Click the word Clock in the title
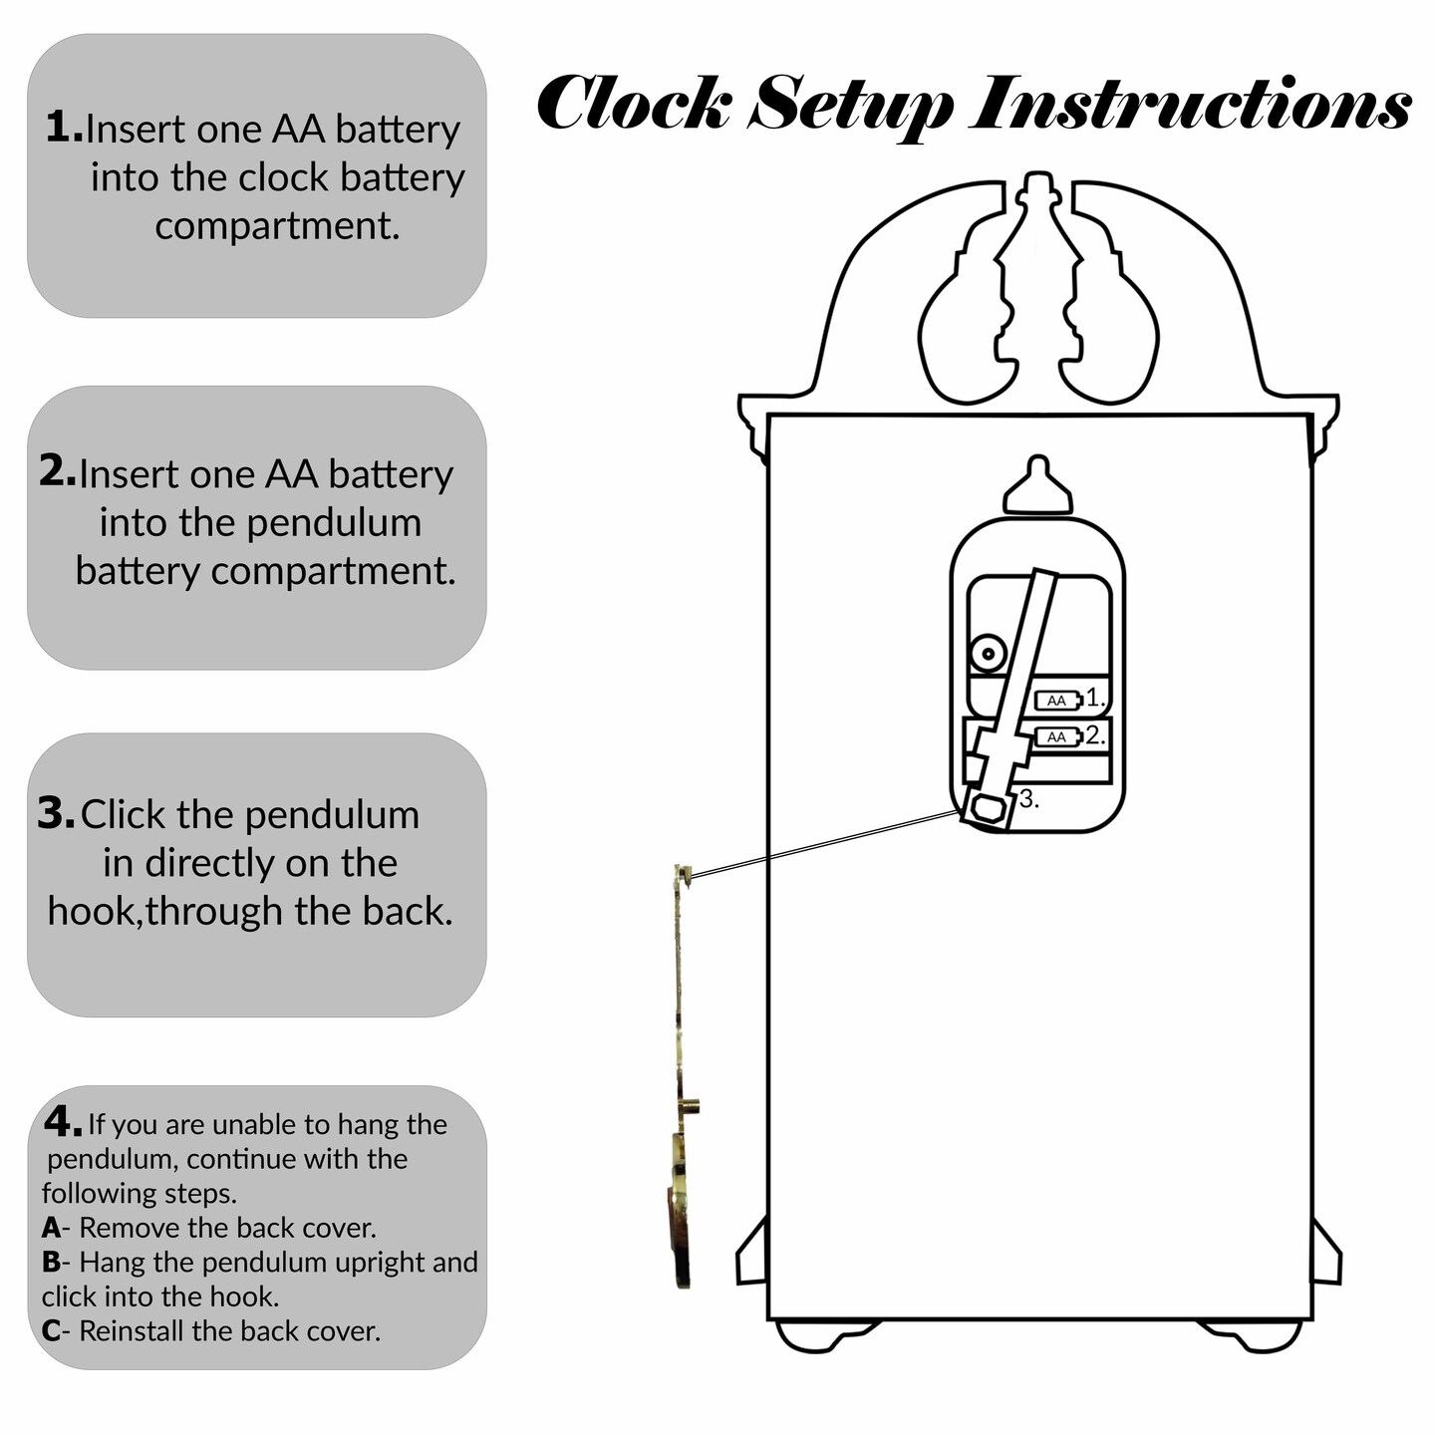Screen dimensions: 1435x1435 coord(634,102)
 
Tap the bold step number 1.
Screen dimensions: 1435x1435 coord(64,127)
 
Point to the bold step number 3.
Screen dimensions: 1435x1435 coord(57,812)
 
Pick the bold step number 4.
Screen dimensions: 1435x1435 coord(63,1121)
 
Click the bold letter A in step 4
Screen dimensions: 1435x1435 coord(51,1228)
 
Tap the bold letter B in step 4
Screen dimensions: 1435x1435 coord(51,1262)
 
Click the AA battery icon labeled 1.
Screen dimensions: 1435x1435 coord(1059,700)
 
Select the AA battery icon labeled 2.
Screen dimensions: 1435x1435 coord(1059,737)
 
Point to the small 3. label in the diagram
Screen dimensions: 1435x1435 coord(1028,799)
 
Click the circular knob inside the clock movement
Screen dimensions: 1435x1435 coord(989,655)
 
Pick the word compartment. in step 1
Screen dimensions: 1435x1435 coord(278,226)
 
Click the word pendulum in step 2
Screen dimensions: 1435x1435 coord(335,523)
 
